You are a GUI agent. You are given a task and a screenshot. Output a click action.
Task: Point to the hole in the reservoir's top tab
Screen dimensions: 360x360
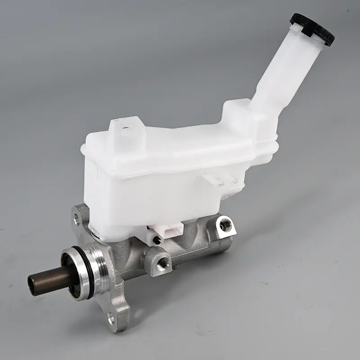(126, 131)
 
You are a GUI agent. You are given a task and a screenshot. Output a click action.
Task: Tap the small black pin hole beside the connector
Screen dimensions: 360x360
(157, 240)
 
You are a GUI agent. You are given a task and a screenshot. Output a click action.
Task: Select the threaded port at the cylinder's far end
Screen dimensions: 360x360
(225, 225)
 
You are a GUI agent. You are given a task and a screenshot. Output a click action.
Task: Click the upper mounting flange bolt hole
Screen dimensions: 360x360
(77, 220)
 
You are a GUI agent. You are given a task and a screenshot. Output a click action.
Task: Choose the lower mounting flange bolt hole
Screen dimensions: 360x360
(111, 319)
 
